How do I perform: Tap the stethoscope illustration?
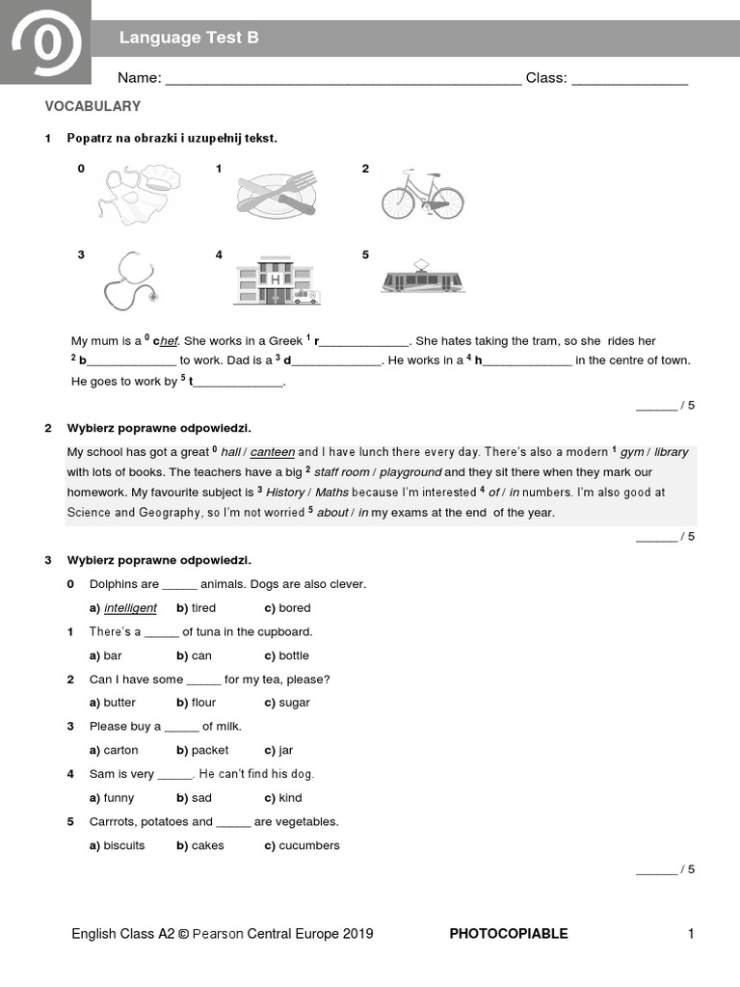pos(129,280)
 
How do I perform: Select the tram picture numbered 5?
pos(422,277)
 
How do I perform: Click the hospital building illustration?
pos(276,280)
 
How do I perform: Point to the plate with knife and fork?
pos(276,194)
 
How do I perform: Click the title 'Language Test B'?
pos(189,38)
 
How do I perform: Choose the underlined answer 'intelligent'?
pos(130,608)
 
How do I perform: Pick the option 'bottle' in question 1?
pos(294,655)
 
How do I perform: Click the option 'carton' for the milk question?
pos(120,750)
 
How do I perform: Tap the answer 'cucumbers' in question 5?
pos(308,845)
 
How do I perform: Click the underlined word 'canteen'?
pos(273,452)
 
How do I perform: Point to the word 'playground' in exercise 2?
pos(410,472)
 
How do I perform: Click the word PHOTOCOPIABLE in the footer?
pos(509,933)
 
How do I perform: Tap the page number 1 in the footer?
pos(690,933)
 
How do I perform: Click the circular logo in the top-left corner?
pos(45,43)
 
